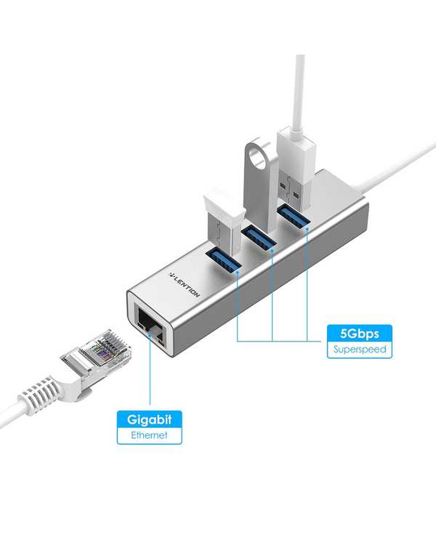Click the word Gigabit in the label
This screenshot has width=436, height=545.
[x=149, y=419]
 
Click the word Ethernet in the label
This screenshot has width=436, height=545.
[x=149, y=435]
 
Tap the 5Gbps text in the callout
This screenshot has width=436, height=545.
[x=360, y=334]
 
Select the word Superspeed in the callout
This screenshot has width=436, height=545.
[x=360, y=349]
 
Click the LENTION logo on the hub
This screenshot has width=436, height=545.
[x=185, y=285]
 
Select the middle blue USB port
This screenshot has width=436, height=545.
[x=259, y=238]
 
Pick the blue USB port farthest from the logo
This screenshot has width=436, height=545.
[x=294, y=217]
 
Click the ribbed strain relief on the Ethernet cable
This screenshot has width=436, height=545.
[x=39, y=392]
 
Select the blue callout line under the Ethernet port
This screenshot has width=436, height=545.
[x=150, y=369]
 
